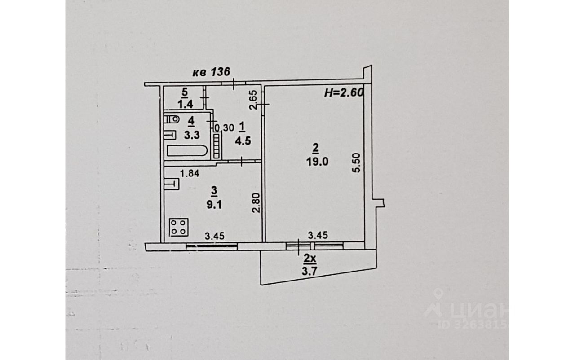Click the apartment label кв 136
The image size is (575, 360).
pyautogui.click(x=211, y=72)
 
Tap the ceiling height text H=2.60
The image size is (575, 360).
pyautogui.click(x=343, y=93)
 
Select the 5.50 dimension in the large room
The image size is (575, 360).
pyautogui.click(x=357, y=162)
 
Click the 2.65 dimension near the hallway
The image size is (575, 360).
pyautogui.click(x=253, y=100)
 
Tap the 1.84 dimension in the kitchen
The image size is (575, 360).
pyautogui.click(x=189, y=172)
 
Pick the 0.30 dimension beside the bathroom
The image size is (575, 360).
pyautogui.click(x=224, y=128)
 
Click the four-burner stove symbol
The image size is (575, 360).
pyautogui.click(x=179, y=227)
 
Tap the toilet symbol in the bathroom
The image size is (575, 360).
pyautogui.click(x=171, y=119)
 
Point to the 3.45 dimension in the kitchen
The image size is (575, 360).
pyautogui.click(x=215, y=235)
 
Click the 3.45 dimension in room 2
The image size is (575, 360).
pyautogui.click(x=318, y=235)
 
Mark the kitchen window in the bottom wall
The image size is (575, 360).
pyautogui.click(x=212, y=245)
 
